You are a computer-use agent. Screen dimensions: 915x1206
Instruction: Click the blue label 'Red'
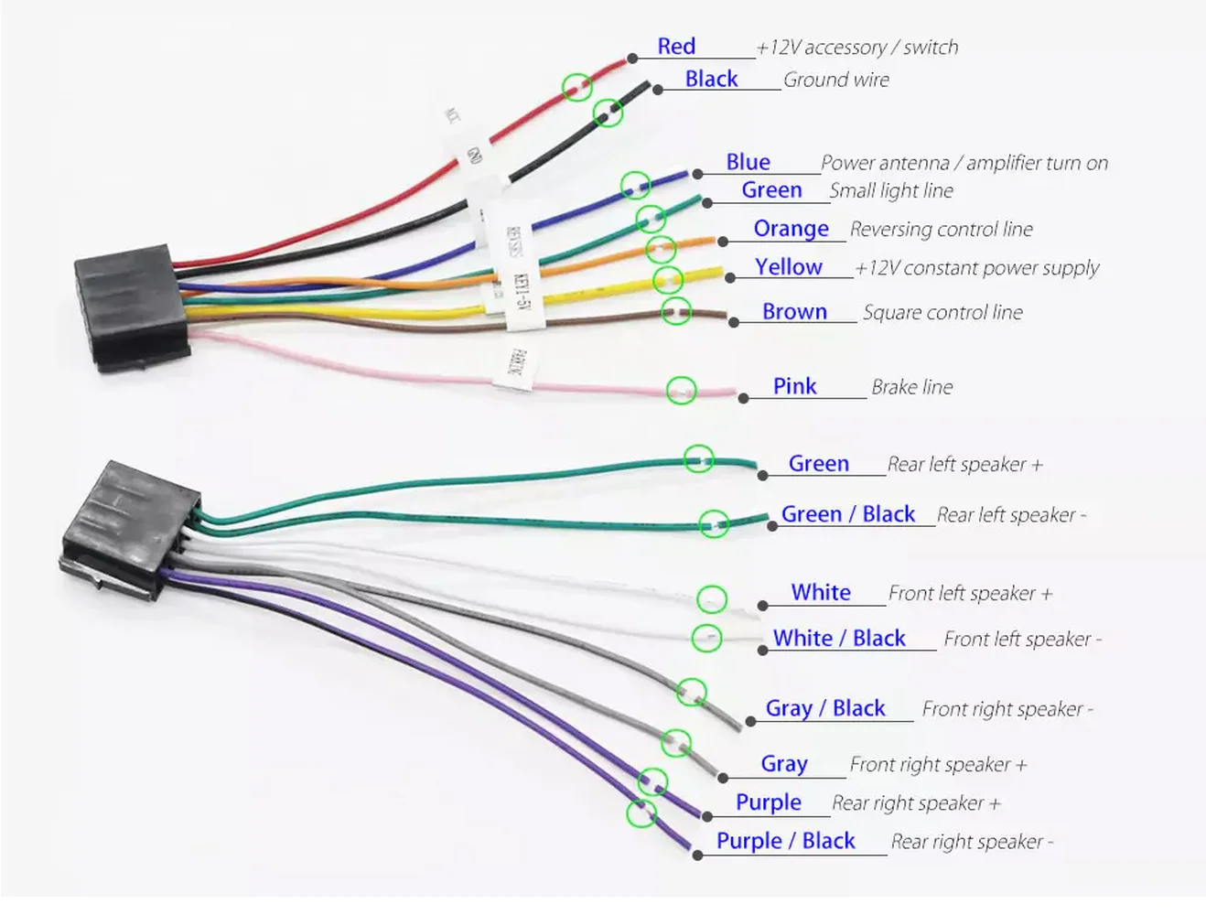676,47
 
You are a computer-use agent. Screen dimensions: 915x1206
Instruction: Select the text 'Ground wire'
835,81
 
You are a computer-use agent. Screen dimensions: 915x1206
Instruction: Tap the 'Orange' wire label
791,229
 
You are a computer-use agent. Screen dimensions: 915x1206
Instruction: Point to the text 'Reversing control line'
941,230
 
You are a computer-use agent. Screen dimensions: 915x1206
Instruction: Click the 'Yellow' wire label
788,267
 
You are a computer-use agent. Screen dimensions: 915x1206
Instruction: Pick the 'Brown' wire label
794,312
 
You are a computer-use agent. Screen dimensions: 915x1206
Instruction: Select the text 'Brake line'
911,387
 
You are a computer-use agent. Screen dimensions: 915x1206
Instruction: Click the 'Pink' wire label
794,386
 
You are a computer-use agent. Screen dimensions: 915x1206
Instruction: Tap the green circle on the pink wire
681,391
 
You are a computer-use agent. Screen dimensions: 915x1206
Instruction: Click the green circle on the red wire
576,87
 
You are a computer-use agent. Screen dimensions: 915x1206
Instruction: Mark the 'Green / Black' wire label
847,514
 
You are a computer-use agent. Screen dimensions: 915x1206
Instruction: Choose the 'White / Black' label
839,639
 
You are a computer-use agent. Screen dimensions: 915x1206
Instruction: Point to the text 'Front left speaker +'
970,594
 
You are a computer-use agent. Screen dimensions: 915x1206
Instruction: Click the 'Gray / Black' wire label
825,708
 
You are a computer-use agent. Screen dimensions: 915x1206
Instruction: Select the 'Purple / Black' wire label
785,841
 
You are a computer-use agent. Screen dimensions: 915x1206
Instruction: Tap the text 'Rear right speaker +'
916,803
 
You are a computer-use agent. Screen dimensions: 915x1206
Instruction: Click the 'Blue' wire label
748,162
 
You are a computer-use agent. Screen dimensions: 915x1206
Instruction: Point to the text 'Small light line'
890,190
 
